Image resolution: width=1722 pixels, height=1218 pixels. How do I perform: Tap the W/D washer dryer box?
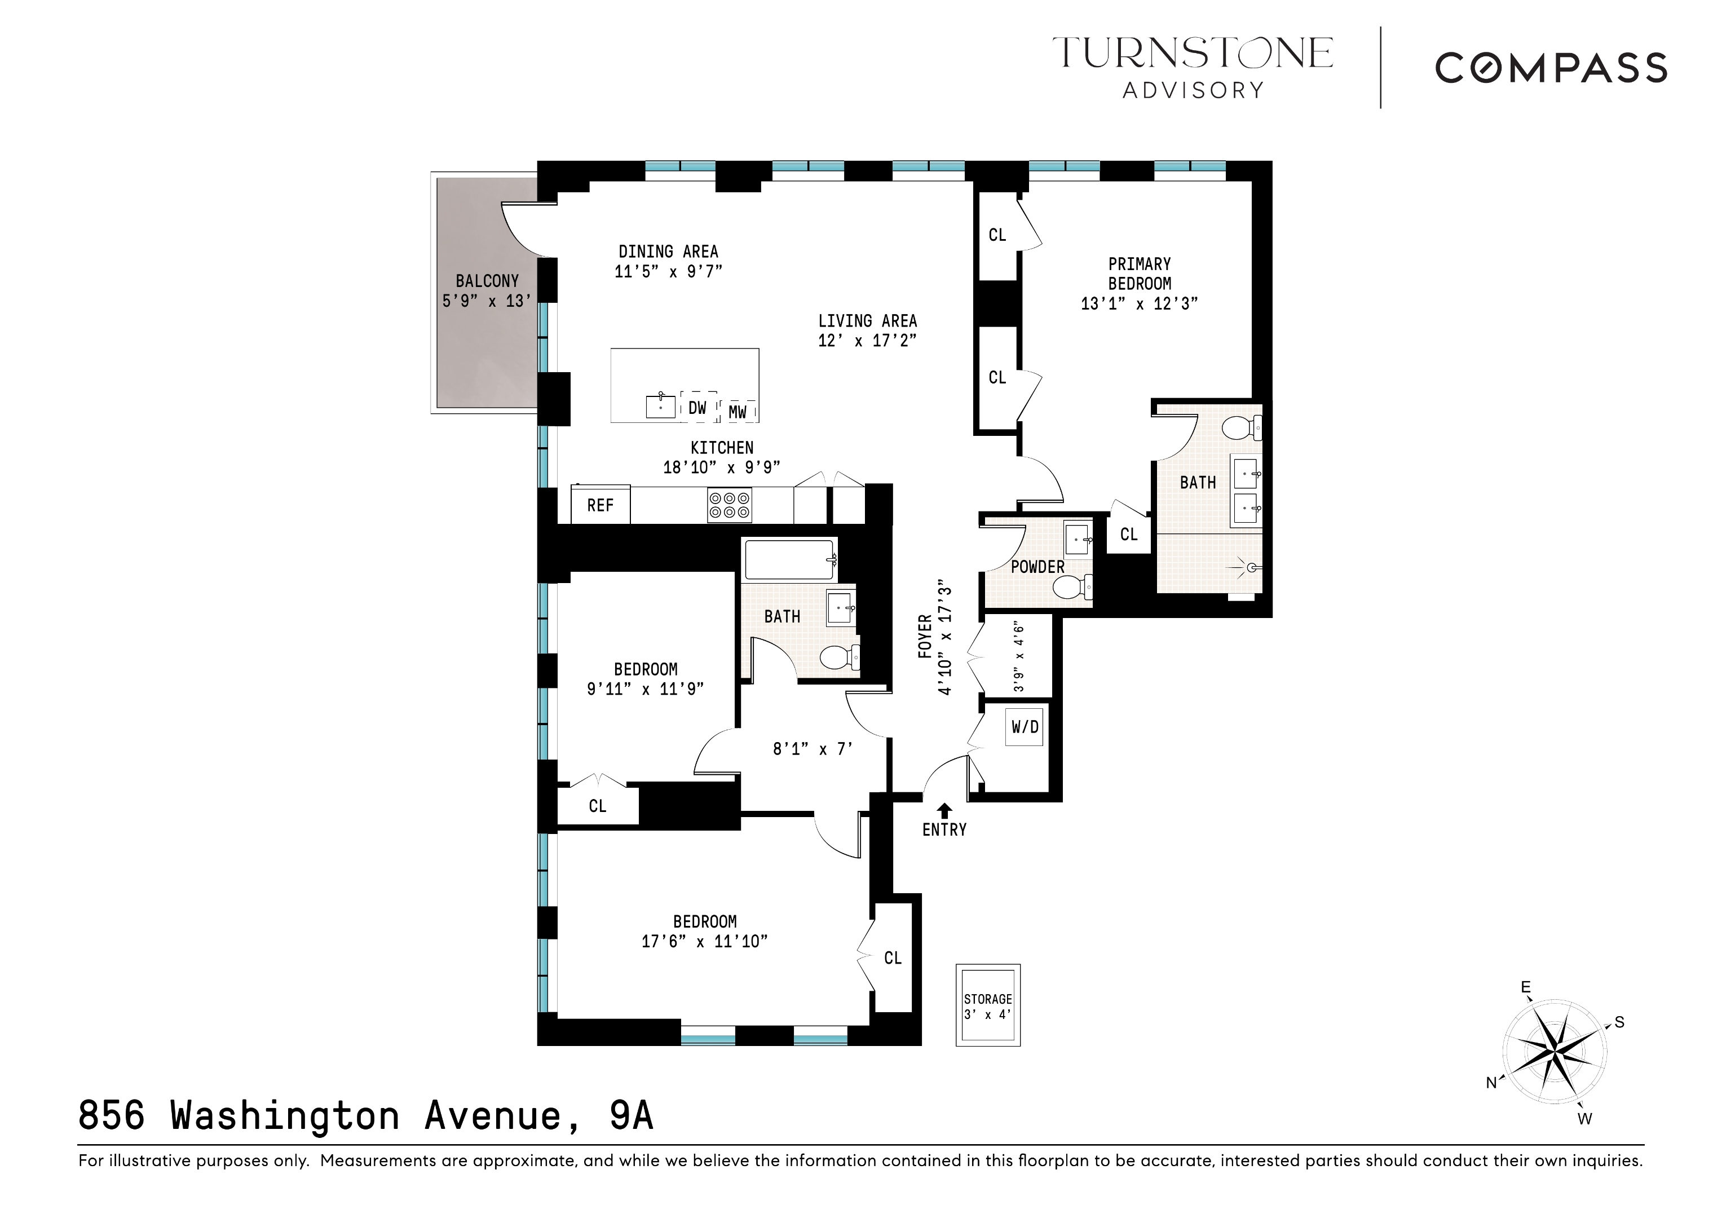click(1025, 727)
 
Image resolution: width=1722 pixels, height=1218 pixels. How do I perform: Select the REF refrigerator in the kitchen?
click(600, 505)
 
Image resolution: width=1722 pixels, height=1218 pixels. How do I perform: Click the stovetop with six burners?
click(729, 505)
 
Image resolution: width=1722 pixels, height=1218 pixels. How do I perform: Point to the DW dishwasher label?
click(697, 408)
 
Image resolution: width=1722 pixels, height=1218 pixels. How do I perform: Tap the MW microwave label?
click(738, 412)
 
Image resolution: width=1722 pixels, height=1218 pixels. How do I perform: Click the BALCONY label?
click(487, 281)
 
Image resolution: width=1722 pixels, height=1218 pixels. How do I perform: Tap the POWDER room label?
click(1037, 567)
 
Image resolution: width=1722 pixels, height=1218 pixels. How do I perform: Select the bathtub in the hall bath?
click(789, 559)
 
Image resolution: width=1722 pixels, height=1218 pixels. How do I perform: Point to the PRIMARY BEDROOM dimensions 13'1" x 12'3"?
click(1138, 304)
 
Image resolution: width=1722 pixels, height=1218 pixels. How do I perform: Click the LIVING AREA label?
click(867, 321)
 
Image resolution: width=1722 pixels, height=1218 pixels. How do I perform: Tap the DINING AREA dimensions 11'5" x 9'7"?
click(668, 271)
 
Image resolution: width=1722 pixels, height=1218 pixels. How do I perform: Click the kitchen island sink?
click(660, 407)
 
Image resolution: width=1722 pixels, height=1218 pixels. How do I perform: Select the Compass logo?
click(1551, 68)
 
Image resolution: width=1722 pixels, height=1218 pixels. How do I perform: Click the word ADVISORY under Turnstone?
click(1193, 91)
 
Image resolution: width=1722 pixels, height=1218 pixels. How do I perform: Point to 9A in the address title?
click(631, 1115)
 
